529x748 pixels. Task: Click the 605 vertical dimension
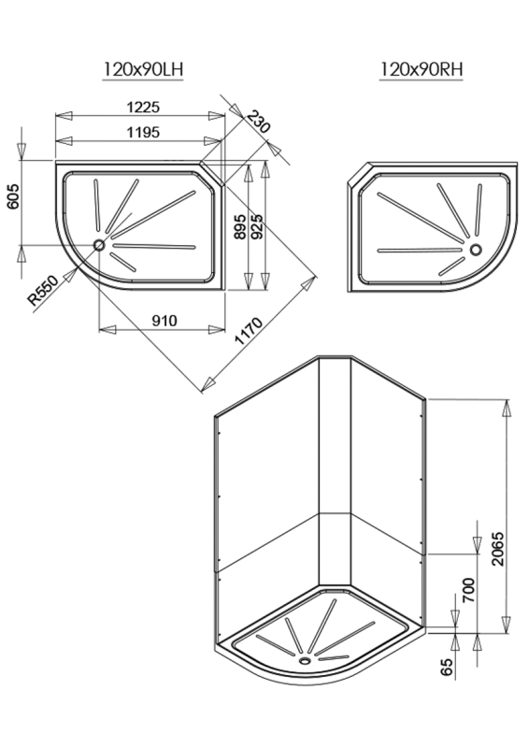coord(12,198)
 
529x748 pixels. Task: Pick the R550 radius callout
coord(43,290)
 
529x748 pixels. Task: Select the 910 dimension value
coord(164,320)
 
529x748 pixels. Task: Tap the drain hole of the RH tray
coord(477,249)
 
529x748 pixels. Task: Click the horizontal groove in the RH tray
coord(420,250)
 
